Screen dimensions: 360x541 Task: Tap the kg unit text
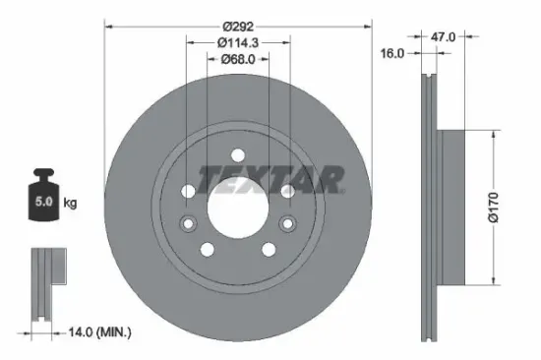tap(71, 203)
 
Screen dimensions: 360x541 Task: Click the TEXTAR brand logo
tap(271, 179)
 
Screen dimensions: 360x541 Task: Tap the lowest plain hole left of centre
tap(207, 250)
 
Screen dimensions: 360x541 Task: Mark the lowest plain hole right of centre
tap(269, 250)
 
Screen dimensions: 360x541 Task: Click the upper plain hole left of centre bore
tap(189, 190)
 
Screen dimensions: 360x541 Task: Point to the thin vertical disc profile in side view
tap(429, 197)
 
